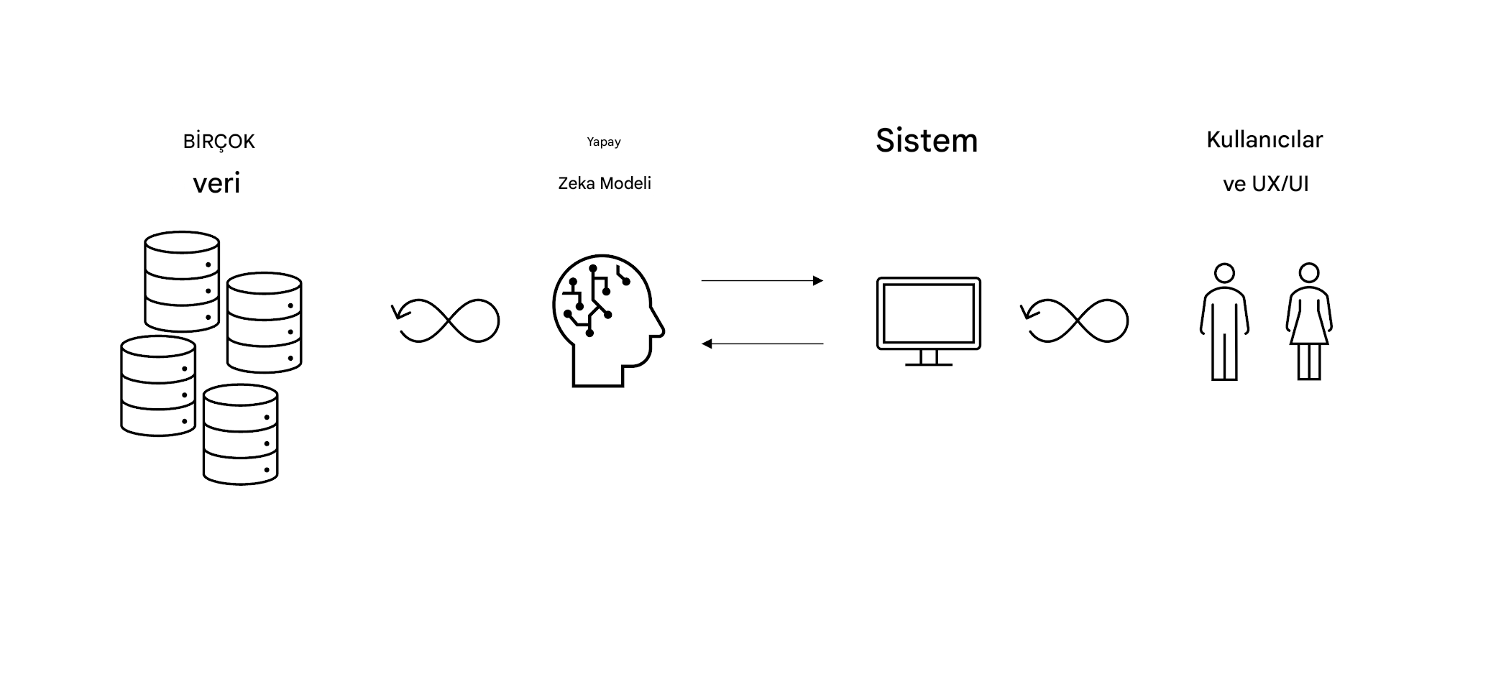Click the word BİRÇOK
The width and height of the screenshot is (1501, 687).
[x=219, y=141]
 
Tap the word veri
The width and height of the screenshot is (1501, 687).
[x=216, y=183]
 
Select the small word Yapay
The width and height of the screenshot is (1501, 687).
[x=604, y=142]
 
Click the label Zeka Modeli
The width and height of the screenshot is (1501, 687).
[x=605, y=183]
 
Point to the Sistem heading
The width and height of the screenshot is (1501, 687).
[x=927, y=141]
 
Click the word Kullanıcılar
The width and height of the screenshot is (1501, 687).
[x=1264, y=139]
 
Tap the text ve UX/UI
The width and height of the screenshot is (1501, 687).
[x=1265, y=184]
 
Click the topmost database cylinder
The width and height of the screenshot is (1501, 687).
[x=182, y=281]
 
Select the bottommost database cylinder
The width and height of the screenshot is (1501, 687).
[x=241, y=434]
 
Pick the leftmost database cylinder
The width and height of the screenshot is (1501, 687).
[x=158, y=385]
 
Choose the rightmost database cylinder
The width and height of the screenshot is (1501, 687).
[x=265, y=322]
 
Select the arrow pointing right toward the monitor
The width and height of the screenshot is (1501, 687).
[x=762, y=280]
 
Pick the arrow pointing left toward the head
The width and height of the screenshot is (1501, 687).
[x=762, y=343]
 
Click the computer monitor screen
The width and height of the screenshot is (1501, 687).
[x=929, y=313]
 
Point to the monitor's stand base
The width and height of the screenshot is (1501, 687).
[x=929, y=364]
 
